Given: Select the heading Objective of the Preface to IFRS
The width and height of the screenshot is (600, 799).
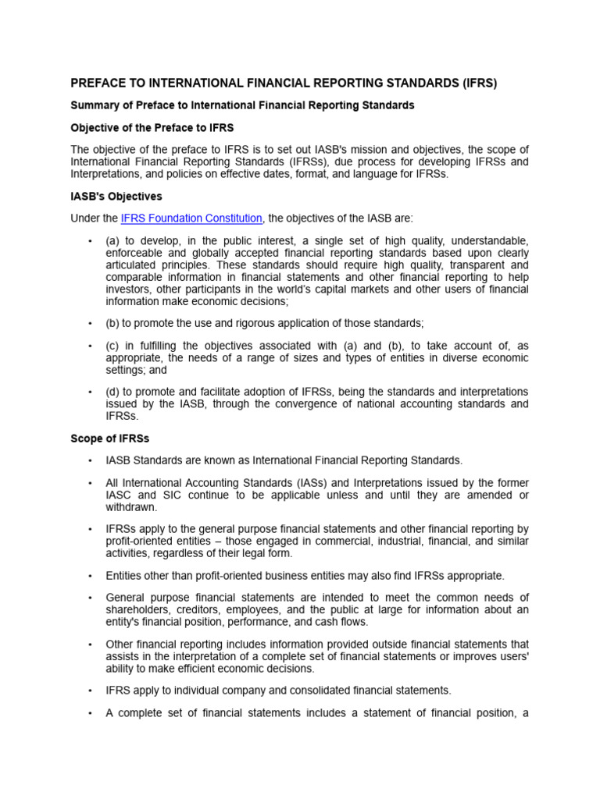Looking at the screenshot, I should [x=152, y=127].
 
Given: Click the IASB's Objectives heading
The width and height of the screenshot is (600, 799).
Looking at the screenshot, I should [x=116, y=196].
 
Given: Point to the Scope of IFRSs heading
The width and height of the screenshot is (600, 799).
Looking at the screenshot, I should [x=110, y=439].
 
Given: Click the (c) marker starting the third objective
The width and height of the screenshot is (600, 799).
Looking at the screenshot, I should [x=113, y=346].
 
